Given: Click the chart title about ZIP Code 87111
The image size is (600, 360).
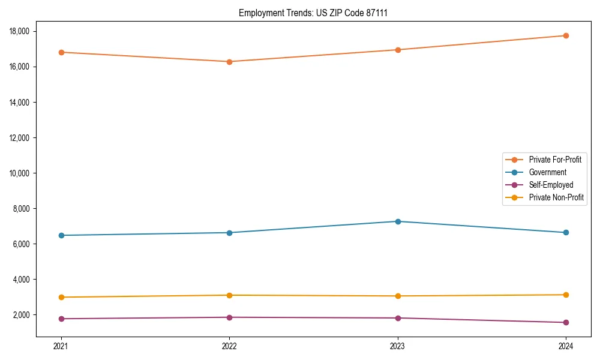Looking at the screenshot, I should [317, 13].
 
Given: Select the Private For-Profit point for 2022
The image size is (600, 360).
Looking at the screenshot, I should [229, 61].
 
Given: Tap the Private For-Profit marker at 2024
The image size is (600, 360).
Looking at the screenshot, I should [566, 35].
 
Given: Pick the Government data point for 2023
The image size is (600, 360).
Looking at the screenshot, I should [398, 221].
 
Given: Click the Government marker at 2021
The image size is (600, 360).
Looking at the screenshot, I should [61, 235].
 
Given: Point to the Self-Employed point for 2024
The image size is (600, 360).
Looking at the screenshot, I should [566, 322].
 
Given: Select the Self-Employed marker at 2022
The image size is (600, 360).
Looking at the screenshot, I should [229, 317].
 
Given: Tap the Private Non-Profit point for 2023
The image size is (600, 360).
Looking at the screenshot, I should [398, 296].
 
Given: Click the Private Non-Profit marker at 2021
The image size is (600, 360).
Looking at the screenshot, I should [61, 297].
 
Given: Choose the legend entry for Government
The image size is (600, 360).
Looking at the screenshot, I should [547, 172].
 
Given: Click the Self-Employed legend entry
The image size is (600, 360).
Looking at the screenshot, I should [551, 185].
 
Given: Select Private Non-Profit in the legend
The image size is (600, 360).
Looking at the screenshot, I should [556, 197].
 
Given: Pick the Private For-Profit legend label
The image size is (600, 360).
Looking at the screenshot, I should [555, 160].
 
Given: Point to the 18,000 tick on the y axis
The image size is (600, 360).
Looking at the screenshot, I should [19, 31].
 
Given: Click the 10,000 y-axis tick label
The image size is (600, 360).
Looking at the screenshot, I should [19, 173].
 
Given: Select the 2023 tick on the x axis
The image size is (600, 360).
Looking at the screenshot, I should [398, 346].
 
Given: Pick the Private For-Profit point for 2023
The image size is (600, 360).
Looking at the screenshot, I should [398, 50].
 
